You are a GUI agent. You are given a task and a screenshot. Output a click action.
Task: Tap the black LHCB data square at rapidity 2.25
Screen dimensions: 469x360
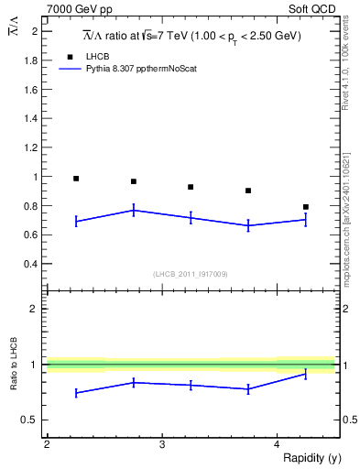(x=76, y=179)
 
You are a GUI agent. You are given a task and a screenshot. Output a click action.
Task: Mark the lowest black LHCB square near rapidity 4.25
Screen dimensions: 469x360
(x=306, y=207)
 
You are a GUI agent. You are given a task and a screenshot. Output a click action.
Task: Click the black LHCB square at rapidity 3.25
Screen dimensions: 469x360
(x=191, y=187)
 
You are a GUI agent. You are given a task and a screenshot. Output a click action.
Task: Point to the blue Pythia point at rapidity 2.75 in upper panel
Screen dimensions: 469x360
(x=134, y=211)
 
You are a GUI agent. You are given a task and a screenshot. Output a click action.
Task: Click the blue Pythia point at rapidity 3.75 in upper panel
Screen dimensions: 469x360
(x=248, y=225)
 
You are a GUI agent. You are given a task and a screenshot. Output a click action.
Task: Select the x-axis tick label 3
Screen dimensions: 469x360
(x=162, y=444)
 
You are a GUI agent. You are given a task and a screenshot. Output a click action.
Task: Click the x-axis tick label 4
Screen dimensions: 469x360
(x=277, y=444)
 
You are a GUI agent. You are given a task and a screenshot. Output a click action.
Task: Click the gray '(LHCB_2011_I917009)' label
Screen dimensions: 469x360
(x=191, y=274)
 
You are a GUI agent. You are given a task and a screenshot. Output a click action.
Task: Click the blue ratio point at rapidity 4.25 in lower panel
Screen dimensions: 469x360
(x=306, y=374)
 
